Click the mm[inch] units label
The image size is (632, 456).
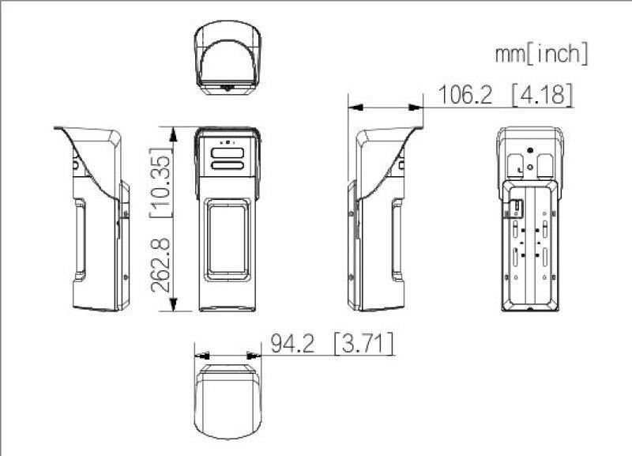tap(541, 54)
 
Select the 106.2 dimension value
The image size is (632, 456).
tap(465, 95)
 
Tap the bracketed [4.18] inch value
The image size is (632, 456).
tap(541, 95)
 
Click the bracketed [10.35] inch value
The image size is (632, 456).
tap(163, 178)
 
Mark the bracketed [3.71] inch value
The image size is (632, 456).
tap(363, 344)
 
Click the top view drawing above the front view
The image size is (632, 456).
tap(226, 58)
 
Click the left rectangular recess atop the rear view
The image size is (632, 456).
tap(516, 164)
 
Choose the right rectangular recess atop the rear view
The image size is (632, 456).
tap(545, 164)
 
